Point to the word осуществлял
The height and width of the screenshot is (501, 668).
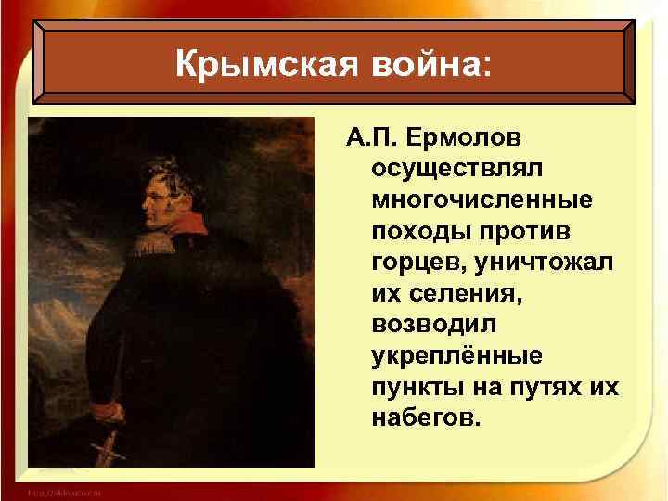[450, 171]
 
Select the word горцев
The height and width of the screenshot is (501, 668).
[414, 263]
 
